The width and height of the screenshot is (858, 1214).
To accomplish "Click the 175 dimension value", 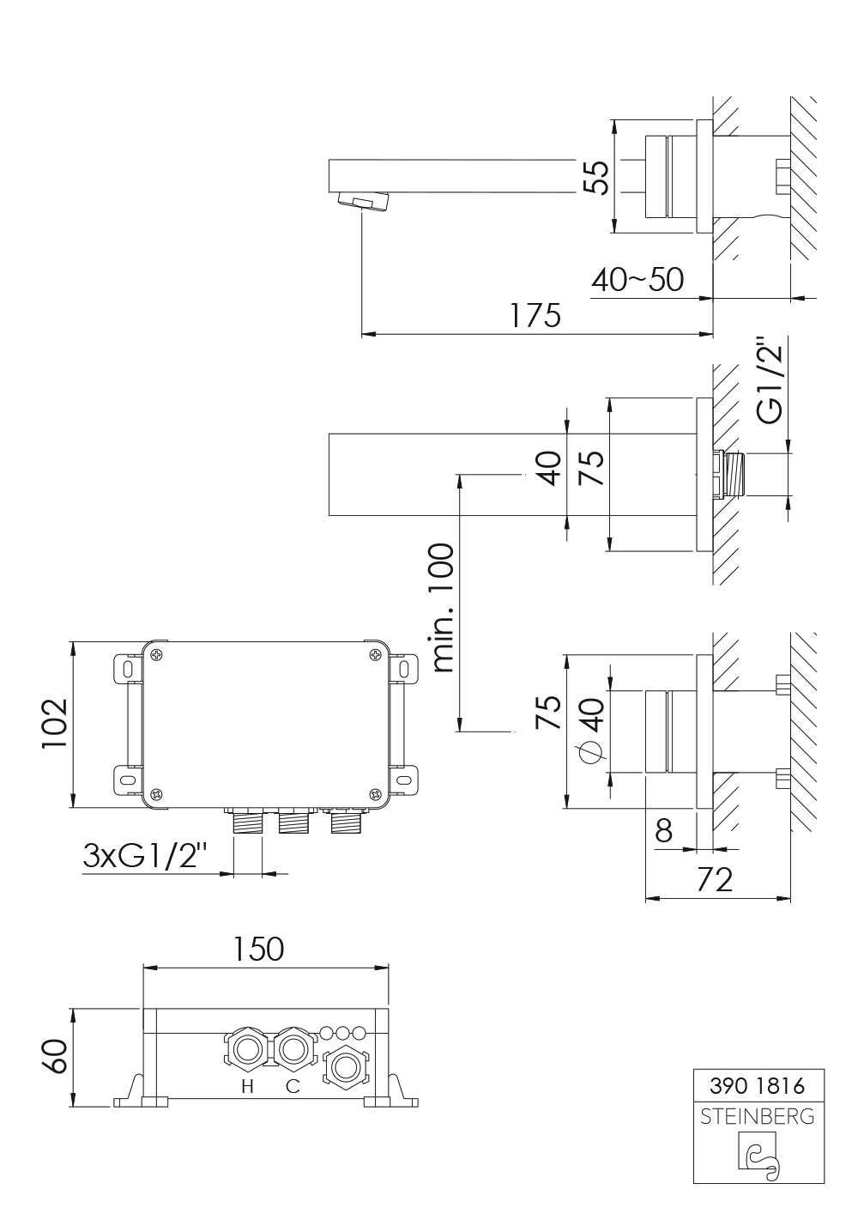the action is click(x=535, y=316).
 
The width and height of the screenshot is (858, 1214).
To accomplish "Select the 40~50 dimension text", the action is click(x=637, y=280).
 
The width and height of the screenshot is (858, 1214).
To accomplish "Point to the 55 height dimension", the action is click(x=597, y=177).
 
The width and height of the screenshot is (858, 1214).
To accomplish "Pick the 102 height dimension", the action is click(x=55, y=724).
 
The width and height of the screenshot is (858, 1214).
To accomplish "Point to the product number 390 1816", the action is click(x=758, y=1085).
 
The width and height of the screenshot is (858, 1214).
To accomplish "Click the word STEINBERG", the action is click(x=758, y=1116).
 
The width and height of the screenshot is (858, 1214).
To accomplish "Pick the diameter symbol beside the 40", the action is click(x=590, y=753).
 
